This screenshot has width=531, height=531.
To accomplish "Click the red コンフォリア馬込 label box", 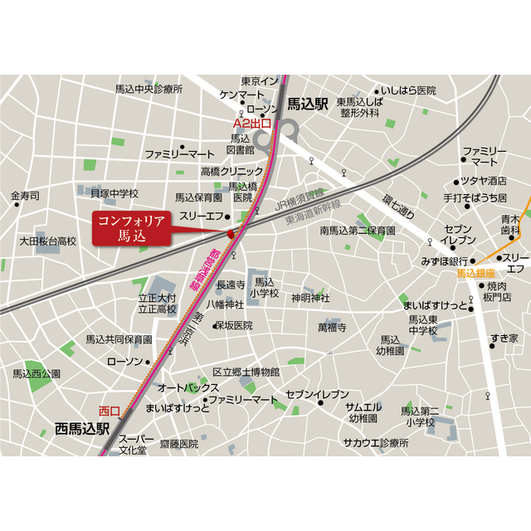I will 131,228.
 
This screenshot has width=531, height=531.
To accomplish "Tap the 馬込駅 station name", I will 309,105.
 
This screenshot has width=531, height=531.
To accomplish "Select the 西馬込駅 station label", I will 82,429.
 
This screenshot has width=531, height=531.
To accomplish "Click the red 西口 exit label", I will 110,411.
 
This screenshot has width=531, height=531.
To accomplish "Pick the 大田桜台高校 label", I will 48,241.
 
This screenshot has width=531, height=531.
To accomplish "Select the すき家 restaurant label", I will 504,338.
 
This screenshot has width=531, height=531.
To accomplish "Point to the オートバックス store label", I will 188,387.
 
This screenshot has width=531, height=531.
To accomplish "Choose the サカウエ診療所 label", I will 377,444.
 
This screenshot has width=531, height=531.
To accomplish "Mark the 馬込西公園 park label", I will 37,374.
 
